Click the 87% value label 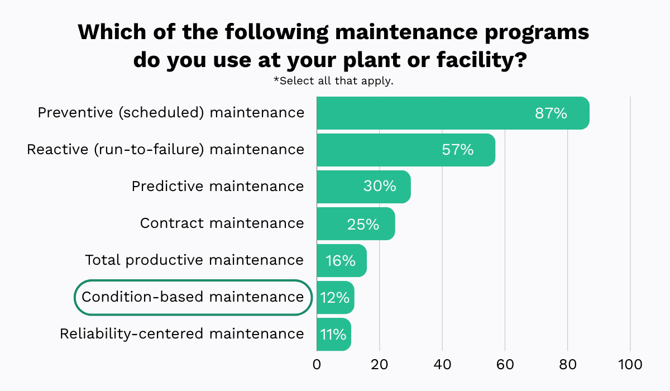551,113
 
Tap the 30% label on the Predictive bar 380,186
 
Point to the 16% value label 341,260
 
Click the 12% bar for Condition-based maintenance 335,297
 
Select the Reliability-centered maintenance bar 333,334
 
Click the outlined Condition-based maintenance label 193,297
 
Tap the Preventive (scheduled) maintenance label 171,112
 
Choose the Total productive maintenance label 194,260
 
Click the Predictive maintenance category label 218,186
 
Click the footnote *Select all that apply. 333,81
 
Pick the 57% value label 457,150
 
